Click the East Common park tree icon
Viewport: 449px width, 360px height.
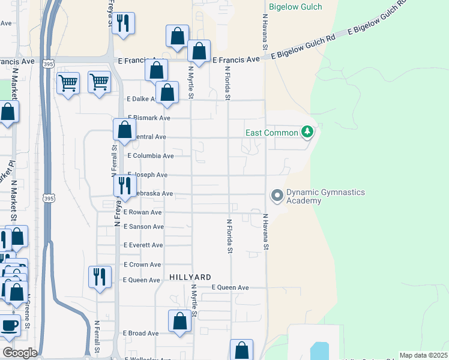coord(307,131)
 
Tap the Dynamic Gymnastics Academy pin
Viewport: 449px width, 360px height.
coord(277,195)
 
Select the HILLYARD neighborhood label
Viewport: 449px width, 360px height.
coord(190,277)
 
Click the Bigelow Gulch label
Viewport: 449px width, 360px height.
coord(295,7)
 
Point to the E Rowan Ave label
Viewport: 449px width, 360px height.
coord(143,212)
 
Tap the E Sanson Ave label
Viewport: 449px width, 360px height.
coord(143,227)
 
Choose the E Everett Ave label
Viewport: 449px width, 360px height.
coord(143,245)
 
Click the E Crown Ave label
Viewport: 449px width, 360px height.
coord(142,265)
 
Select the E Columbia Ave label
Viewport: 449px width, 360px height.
coord(151,156)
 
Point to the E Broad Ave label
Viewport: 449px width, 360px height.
coord(141,333)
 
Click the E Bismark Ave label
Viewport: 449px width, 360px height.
coord(149,118)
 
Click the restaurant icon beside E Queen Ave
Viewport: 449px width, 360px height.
coord(99,277)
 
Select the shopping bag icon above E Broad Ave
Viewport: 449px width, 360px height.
coord(180,321)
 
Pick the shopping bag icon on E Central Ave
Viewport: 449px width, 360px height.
coord(124,130)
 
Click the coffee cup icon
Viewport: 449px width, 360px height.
coord(9,326)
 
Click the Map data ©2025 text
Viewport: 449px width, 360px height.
coord(424,355)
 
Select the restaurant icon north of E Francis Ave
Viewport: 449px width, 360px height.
coord(123,24)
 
